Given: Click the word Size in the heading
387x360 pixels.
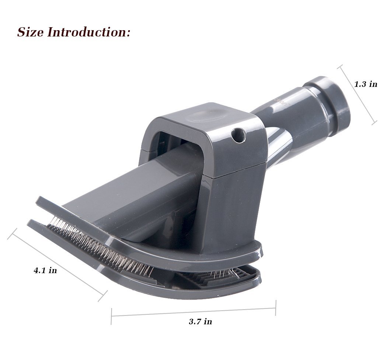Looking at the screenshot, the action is [x=30, y=32].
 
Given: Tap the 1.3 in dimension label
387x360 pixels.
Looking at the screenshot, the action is [x=366, y=84].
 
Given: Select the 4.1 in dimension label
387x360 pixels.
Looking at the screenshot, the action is [x=45, y=271].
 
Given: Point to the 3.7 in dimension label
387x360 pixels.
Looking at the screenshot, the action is [x=201, y=322].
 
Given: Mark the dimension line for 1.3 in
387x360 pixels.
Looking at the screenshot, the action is [x=358, y=95].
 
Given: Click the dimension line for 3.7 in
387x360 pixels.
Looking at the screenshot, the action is [x=193, y=312].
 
